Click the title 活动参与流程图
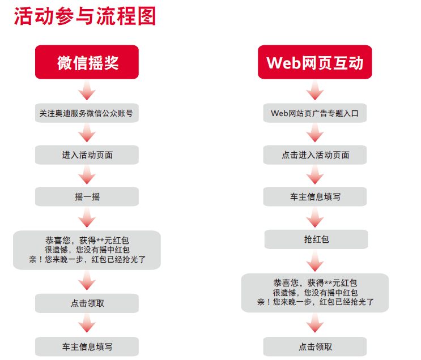[x=84, y=17]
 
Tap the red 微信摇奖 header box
[x=87, y=62]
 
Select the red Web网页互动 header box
[x=314, y=62]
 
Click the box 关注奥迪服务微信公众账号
[x=87, y=113]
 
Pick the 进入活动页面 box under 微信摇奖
[x=87, y=155]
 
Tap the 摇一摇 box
[x=87, y=196]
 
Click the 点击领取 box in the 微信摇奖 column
[x=87, y=303]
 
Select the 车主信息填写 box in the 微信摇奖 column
[x=87, y=346]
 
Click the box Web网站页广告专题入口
[x=314, y=113]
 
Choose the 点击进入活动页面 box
[x=314, y=155]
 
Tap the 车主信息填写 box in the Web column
[x=314, y=197]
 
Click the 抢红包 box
[x=314, y=239]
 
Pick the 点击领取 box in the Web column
[x=314, y=346]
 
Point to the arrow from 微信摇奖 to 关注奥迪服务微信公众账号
[x=87, y=91]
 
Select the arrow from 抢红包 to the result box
[x=314, y=261]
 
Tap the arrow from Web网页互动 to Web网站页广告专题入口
[x=314, y=91]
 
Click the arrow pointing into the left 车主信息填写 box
[x=87, y=325]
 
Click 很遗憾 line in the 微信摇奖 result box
[x=87, y=250]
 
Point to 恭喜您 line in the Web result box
[x=314, y=282]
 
